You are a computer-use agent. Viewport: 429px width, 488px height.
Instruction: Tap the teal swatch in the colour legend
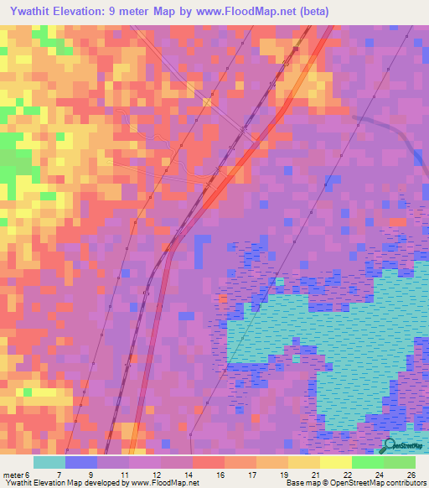point(49,462)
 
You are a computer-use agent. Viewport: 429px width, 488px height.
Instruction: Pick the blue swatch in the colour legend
point(81,462)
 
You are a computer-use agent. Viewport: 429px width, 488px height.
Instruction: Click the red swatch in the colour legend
point(209,462)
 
